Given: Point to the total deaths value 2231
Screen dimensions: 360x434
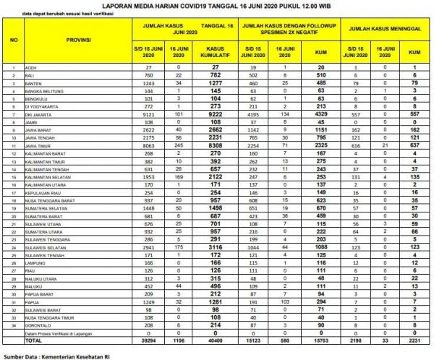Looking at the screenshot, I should click(414, 340).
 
